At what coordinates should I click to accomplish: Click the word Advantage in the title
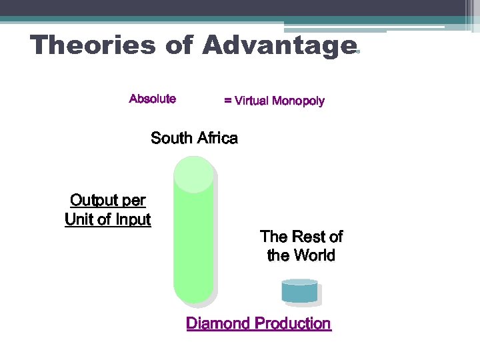pyautogui.click(x=279, y=45)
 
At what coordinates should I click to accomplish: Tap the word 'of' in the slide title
pyautogui.click(x=177, y=45)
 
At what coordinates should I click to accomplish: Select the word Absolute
pyautogui.click(x=153, y=99)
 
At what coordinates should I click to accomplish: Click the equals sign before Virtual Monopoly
pyautogui.click(x=228, y=101)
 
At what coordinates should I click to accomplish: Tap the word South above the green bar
pyautogui.click(x=171, y=138)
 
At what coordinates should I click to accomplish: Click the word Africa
pyautogui.click(x=216, y=138)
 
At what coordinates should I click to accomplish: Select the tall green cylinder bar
pyautogui.click(x=193, y=247)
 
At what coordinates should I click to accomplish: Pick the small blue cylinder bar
pyautogui.click(x=299, y=291)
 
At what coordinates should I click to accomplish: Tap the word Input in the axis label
pyautogui.click(x=133, y=219)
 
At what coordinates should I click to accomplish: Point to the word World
pyautogui.click(x=313, y=255)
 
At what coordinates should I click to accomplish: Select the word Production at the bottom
pyautogui.click(x=293, y=324)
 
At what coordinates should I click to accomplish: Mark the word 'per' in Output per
pyautogui.click(x=133, y=201)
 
